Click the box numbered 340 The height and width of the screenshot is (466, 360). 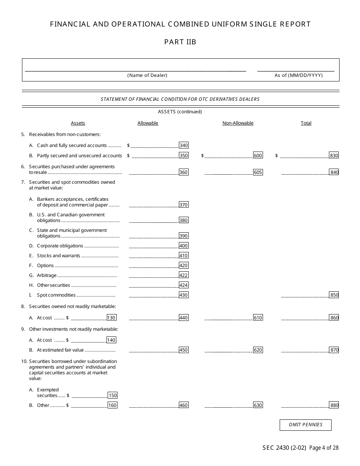click(183, 145)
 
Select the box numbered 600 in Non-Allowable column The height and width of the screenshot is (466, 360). click(258, 155)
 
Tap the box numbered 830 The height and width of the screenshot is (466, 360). click(334, 155)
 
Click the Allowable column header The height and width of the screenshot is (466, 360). click(148, 123)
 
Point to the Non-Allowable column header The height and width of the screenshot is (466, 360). click(238, 123)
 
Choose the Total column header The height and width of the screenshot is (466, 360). click(306, 123)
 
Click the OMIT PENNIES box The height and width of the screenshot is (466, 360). click(305, 425)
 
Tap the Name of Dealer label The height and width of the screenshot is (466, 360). click(147, 75)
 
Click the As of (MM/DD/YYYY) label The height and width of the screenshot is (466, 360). click(299, 75)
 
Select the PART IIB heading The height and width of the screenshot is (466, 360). click(180, 42)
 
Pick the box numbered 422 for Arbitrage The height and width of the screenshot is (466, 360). click(183, 275)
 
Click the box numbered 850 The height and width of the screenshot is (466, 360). click(334, 295)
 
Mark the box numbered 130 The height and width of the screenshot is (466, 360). click(111, 318)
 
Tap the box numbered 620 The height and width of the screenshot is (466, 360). click(258, 350)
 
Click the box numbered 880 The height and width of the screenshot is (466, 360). click(334, 405)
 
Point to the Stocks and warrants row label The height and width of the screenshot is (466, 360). click(58, 256)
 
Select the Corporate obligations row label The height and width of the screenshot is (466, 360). click(60, 246)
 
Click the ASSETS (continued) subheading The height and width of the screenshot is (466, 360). click(180, 112)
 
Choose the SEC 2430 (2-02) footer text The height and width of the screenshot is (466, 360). click(284, 448)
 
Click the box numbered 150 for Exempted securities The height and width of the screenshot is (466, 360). click(113, 396)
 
